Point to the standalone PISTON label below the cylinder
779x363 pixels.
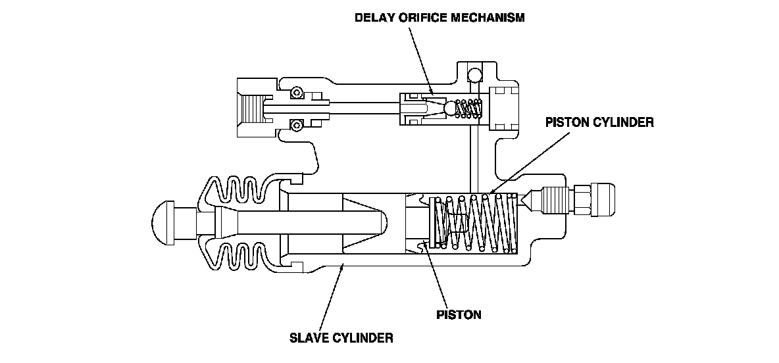(x=459, y=314)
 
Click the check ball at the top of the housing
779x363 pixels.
(x=472, y=72)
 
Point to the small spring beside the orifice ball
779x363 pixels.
(x=470, y=108)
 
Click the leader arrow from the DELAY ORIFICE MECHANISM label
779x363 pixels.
(x=421, y=59)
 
